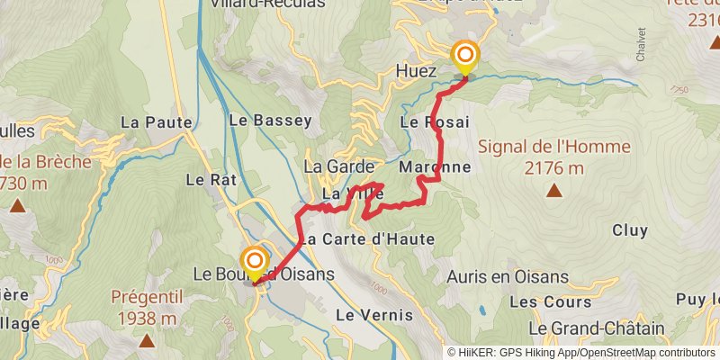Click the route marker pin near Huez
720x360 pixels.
coord(465,58)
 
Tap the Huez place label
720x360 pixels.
coord(416,70)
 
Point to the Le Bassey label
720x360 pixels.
coord(269,120)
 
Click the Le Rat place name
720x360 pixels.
coord(211,180)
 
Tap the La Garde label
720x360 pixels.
coord(332,166)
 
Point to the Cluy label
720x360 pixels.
coord(630,230)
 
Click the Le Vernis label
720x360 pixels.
coord(373,315)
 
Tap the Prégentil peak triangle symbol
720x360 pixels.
coord(146,340)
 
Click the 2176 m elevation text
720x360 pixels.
coord(554,168)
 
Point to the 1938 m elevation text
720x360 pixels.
coord(146,318)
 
